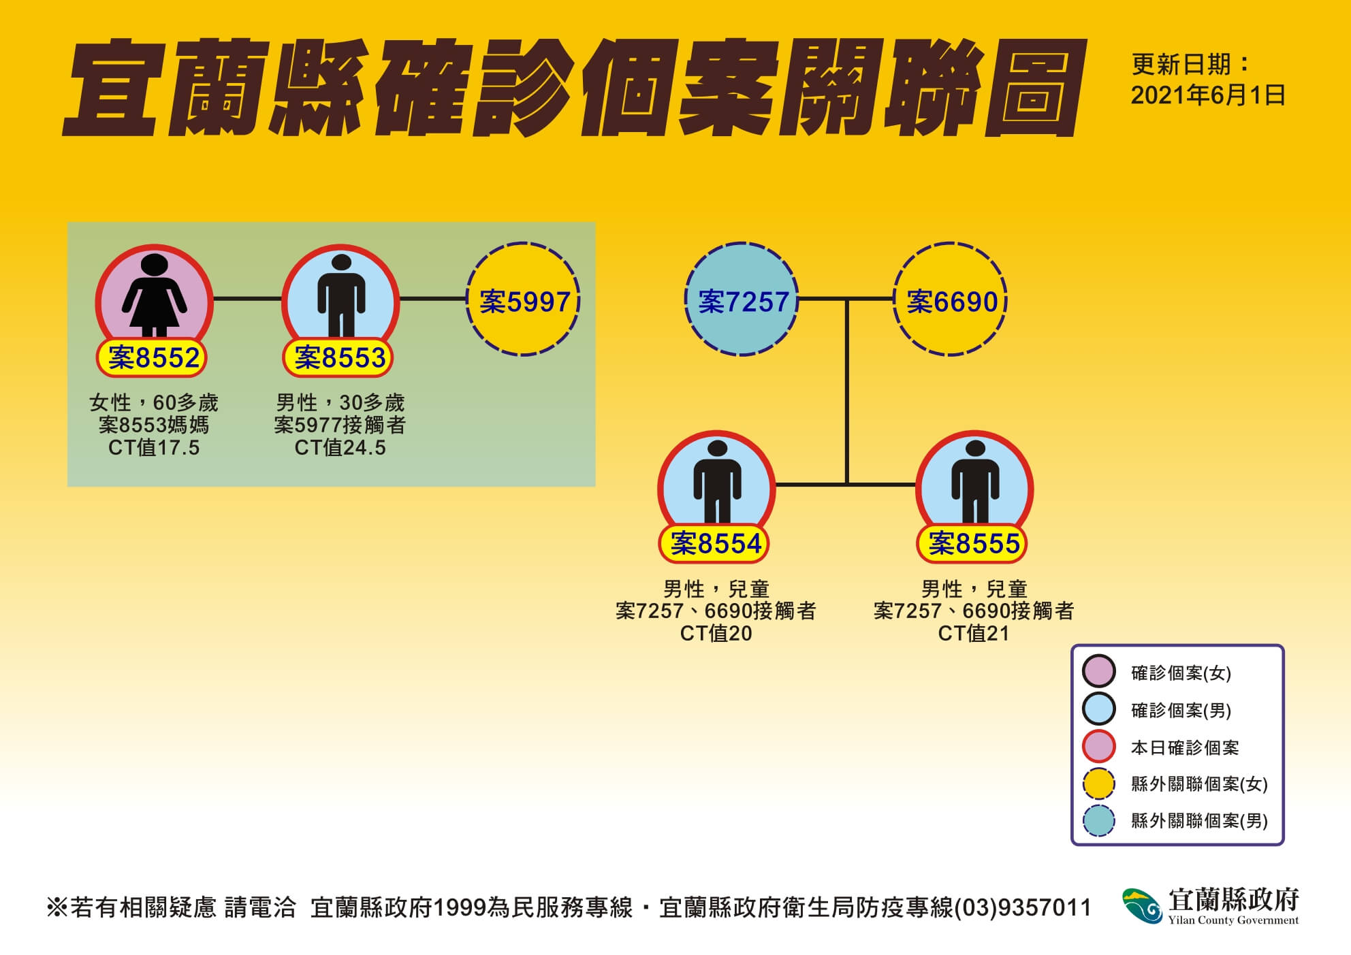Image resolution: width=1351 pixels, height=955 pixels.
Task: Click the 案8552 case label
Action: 153,358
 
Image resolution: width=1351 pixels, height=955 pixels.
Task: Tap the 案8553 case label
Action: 339,358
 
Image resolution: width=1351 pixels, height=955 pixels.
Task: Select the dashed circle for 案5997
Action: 523,299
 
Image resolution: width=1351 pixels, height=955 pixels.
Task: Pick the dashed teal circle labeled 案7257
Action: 742,299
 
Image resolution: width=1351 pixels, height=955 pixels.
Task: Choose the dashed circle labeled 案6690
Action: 951,299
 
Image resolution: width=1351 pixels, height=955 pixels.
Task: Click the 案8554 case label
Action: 716,544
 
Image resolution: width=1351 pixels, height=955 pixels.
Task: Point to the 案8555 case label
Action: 974,544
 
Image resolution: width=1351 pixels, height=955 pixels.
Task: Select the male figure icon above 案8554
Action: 717,481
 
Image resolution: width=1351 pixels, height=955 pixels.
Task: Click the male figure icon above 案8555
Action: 975,481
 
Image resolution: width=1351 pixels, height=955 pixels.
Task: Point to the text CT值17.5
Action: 154,448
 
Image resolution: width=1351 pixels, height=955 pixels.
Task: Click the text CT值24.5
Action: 340,448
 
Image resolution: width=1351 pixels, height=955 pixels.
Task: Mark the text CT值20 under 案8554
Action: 716,634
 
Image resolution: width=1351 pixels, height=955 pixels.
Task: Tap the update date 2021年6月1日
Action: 1208,95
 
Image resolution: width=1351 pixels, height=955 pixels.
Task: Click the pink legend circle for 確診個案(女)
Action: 1099,672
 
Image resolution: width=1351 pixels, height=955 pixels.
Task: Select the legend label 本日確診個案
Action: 1185,747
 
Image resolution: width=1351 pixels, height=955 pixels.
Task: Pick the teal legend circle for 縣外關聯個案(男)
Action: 1099,820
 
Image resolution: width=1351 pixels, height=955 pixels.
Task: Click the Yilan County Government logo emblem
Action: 1142,906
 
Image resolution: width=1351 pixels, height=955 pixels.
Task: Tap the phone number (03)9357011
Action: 1023,908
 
